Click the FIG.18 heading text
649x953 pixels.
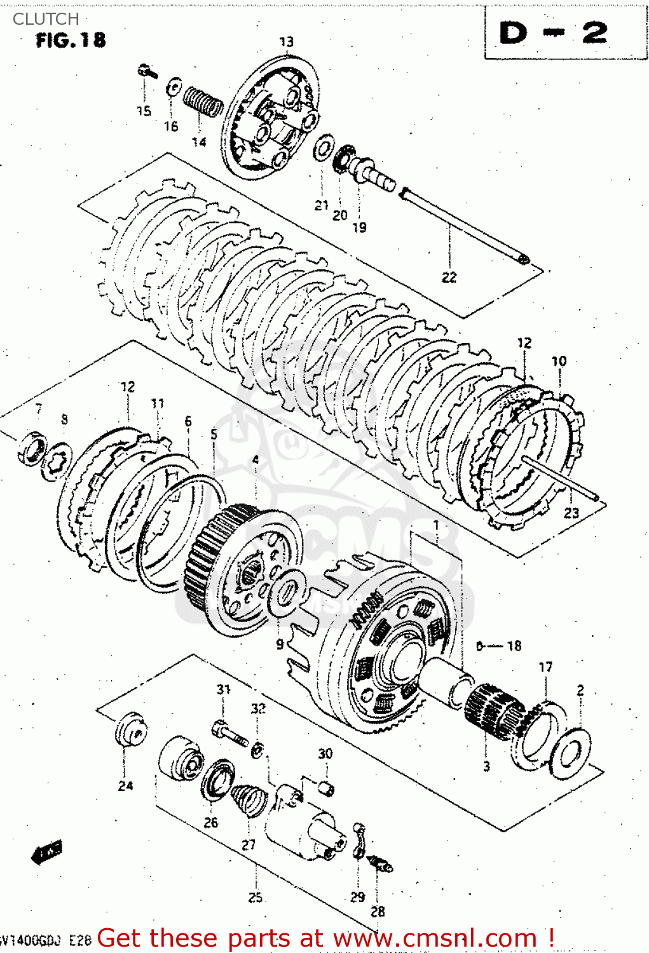pos(71,40)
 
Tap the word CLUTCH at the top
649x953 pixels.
pos(46,19)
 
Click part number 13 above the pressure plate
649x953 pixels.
pos(287,42)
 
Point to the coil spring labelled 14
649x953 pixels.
pos(203,102)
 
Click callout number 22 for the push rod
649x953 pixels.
pos(449,277)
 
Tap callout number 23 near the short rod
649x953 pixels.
pos(571,513)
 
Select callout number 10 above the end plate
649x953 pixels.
pos(559,361)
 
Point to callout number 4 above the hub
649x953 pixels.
pos(256,459)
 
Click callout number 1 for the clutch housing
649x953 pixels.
pos(437,525)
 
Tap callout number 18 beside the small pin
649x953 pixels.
pos(514,645)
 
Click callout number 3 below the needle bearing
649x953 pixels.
pos(486,766)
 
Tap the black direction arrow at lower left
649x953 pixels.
pos(47,853)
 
